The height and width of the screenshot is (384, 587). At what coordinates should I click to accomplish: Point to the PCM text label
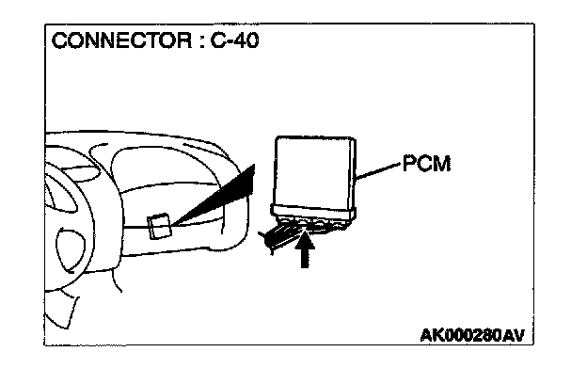pyautogui.click(x=427, y=165)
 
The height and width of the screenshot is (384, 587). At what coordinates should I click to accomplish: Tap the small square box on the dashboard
pyautogui.click(x=159, y=225)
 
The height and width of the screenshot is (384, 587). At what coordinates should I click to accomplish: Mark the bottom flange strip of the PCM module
pyautogui.click(x=314, y=210)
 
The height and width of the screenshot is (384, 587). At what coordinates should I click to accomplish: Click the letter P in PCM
pyautogui.click(x=409, y=165)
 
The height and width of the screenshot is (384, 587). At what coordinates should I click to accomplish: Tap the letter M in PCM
pyautogui.click(x=443, y=165)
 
